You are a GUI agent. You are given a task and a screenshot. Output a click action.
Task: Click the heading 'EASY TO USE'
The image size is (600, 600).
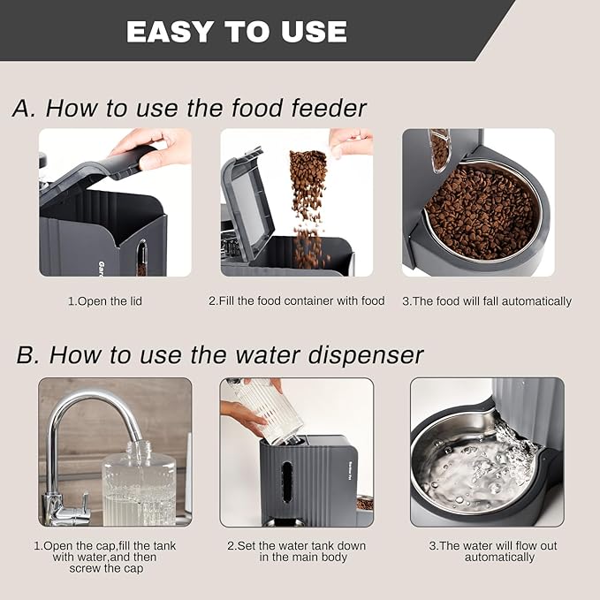236,31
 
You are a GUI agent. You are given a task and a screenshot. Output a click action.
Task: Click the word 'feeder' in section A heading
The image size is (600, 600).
322,108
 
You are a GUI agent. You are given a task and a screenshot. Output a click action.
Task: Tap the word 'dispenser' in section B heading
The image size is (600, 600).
359,354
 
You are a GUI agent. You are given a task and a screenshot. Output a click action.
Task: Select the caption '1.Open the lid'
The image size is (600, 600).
105,301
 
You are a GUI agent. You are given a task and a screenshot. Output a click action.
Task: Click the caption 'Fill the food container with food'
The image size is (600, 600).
296,301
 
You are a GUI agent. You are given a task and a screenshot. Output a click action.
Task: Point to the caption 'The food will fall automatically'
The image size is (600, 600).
486,301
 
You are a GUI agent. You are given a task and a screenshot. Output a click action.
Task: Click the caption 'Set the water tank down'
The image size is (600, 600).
296,546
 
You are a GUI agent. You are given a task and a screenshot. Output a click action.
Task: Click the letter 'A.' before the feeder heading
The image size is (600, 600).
24,109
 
